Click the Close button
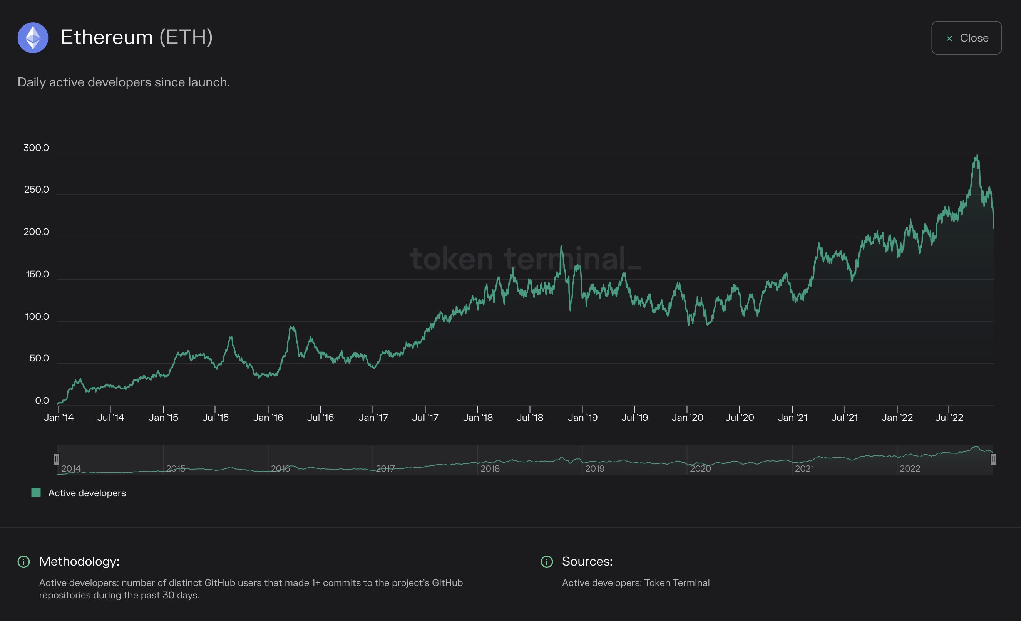(x=966, y=38)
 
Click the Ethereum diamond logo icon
(x=33, y=38)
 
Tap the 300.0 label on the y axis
(x=36, y=148)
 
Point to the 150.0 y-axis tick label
(x=37, y=274)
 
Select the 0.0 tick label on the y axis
(x=42, y=401)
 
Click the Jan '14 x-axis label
(x=59, y=418)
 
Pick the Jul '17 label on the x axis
(x=425, y=418)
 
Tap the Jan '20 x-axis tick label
(x=688, y=418)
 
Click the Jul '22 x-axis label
(x=949, y=418)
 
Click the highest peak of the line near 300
(x=977, y=156)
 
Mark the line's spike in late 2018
(x=561, y=247)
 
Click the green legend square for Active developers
(x=36, y=492)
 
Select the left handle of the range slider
(x=56, y=459)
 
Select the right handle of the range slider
(x=993, y=459)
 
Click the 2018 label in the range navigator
(x=490, y=468)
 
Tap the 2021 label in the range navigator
(x=804, y=468)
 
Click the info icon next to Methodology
(x=23, y=562)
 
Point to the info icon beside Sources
(x=547, y=562)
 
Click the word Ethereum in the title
(x=107, y=37)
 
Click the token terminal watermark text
(x=525, y=258)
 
